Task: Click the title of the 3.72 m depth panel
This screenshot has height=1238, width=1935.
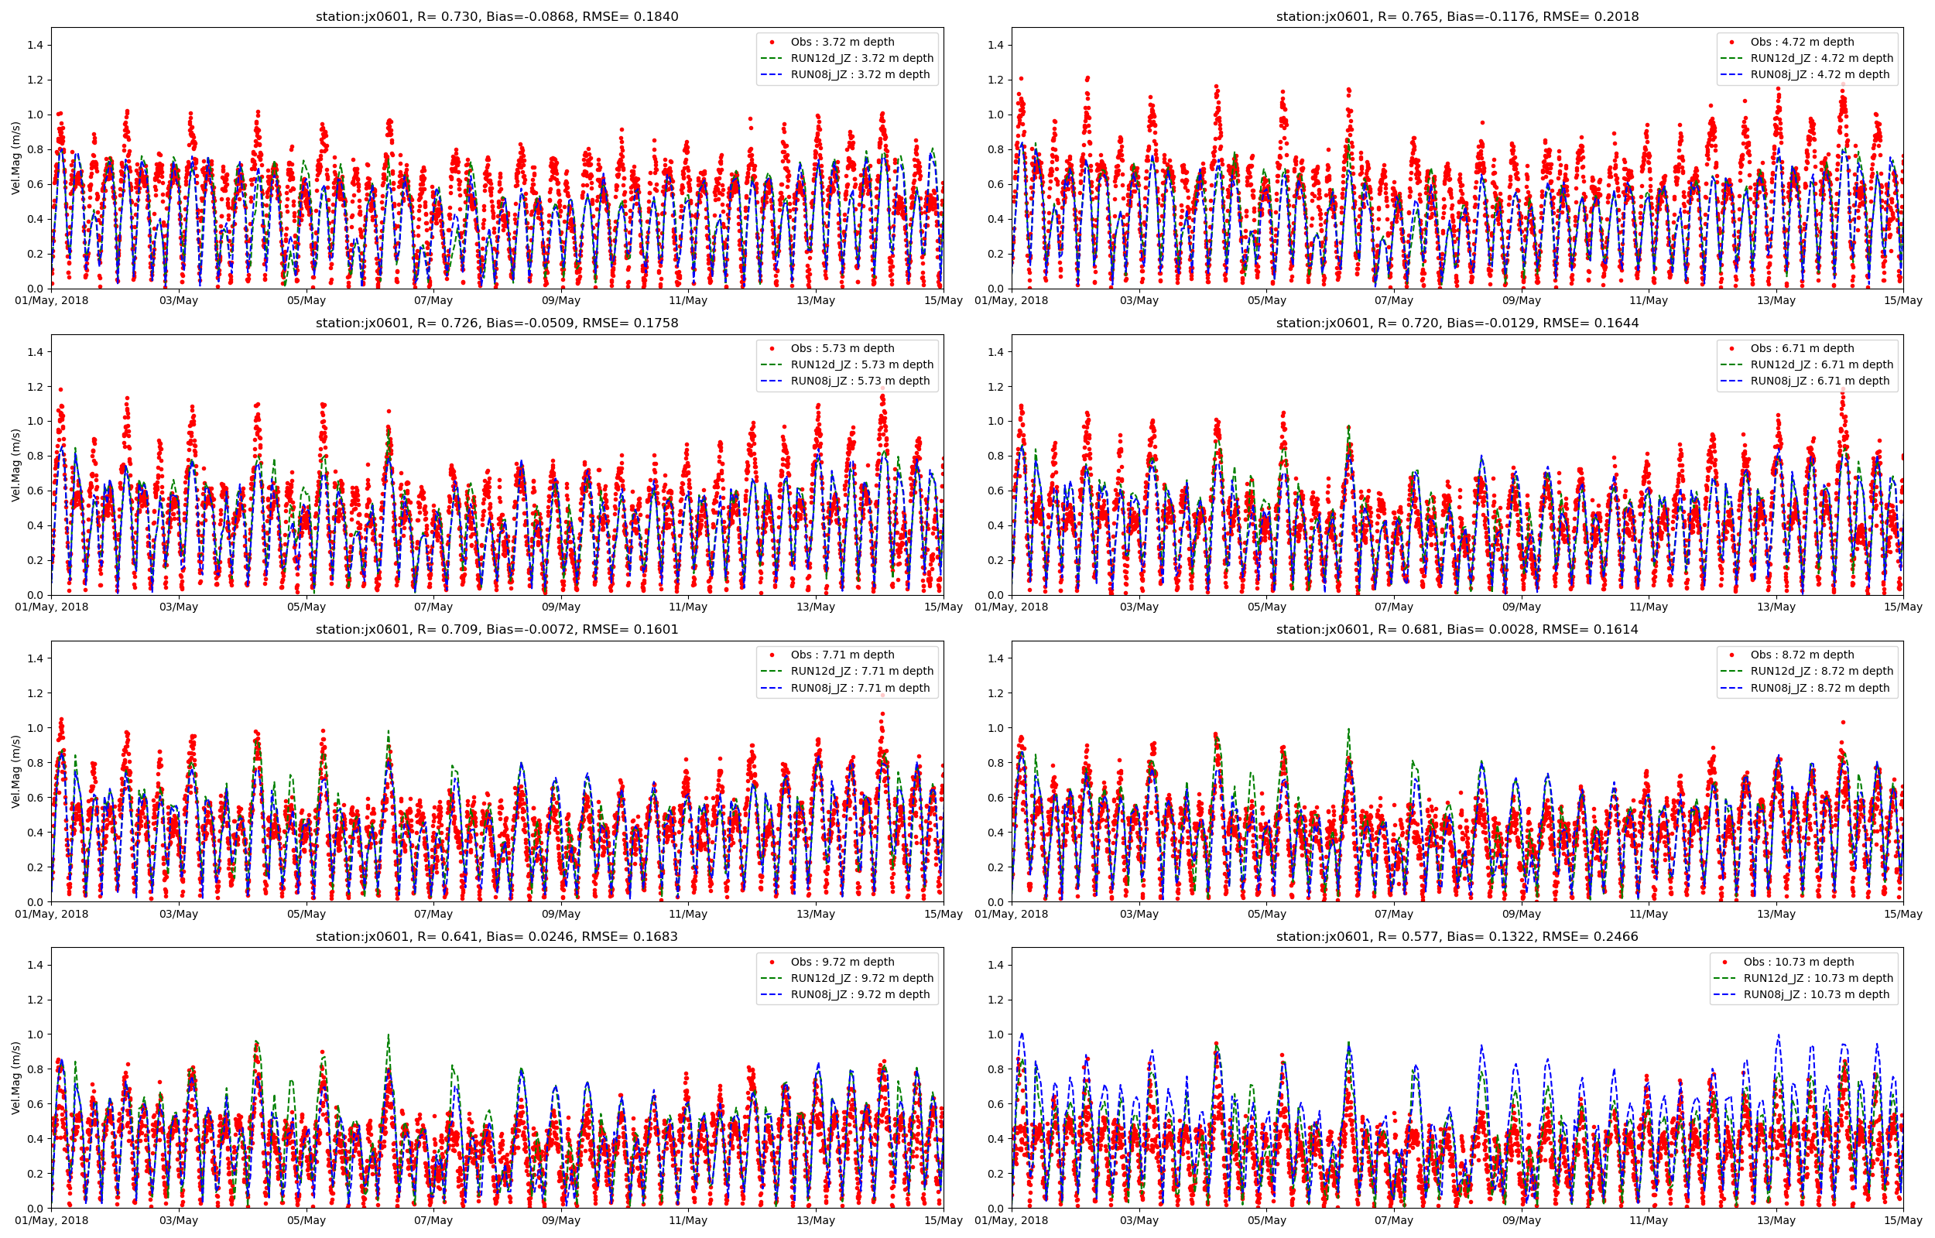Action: coord(497,16)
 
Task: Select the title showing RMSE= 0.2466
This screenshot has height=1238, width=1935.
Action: coord(1457,936)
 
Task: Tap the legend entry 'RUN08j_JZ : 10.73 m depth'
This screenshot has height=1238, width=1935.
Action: coord(1816,994)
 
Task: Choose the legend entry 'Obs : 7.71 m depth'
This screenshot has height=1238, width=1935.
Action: coord(841,655)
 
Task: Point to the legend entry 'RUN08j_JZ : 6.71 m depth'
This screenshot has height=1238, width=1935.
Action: coord(1819,381)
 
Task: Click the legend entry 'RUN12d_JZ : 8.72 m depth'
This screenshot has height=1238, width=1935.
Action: coord(1822,672)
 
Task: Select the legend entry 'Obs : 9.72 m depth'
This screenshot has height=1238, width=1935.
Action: coord(841,963)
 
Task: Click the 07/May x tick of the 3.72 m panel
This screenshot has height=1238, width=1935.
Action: coord(433,301)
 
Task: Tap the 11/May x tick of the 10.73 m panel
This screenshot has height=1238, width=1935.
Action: coord(1648,1220)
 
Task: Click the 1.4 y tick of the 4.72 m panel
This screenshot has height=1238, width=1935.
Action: coord(995,45)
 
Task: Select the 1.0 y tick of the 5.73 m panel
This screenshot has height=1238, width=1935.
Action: coord(36,421)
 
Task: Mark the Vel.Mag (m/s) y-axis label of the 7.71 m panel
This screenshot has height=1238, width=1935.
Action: coord(16,771)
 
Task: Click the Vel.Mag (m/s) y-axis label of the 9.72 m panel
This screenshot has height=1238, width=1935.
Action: coord(16,1077)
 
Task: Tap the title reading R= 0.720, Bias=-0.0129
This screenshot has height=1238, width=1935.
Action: coord(1457,323)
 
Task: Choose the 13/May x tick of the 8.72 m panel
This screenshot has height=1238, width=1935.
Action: coord(1776,914)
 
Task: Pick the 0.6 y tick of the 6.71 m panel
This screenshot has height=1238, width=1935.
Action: coord(995,491)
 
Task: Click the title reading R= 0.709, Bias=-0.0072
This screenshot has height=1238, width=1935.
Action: coord(497,630)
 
